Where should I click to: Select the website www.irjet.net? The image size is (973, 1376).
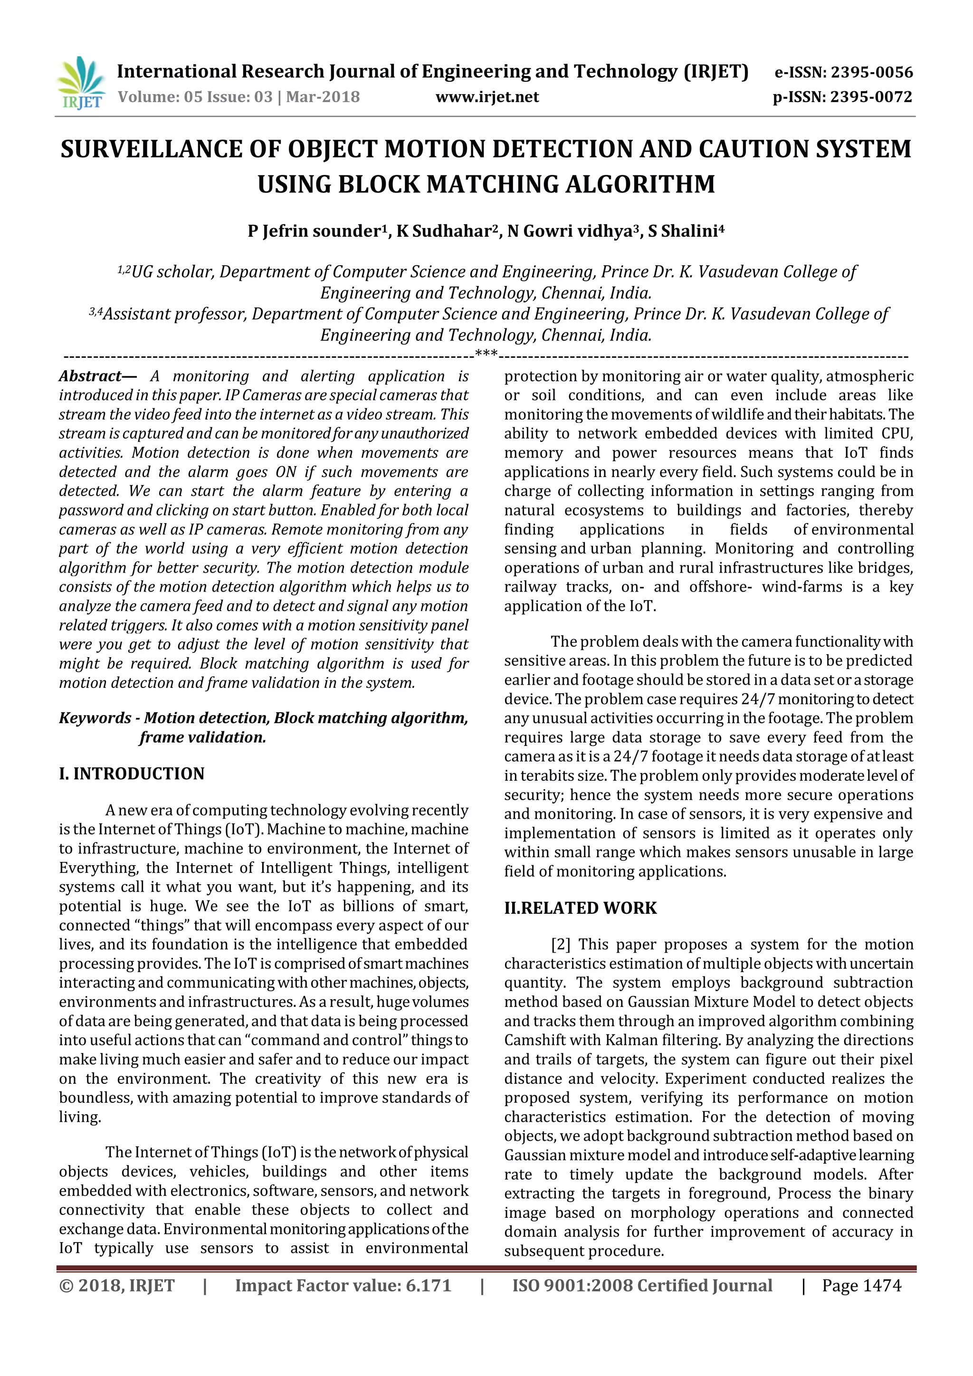click(486, 97)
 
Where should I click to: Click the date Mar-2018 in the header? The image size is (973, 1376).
click(323, 97)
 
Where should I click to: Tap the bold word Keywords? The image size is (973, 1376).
click(95, 718)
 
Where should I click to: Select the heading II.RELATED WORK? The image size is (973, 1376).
click(580, 908)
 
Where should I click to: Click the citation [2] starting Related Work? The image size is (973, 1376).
click(560, 945)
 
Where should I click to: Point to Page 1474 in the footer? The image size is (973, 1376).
click(861, 1286)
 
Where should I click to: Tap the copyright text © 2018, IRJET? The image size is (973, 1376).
click(117, 1286)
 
